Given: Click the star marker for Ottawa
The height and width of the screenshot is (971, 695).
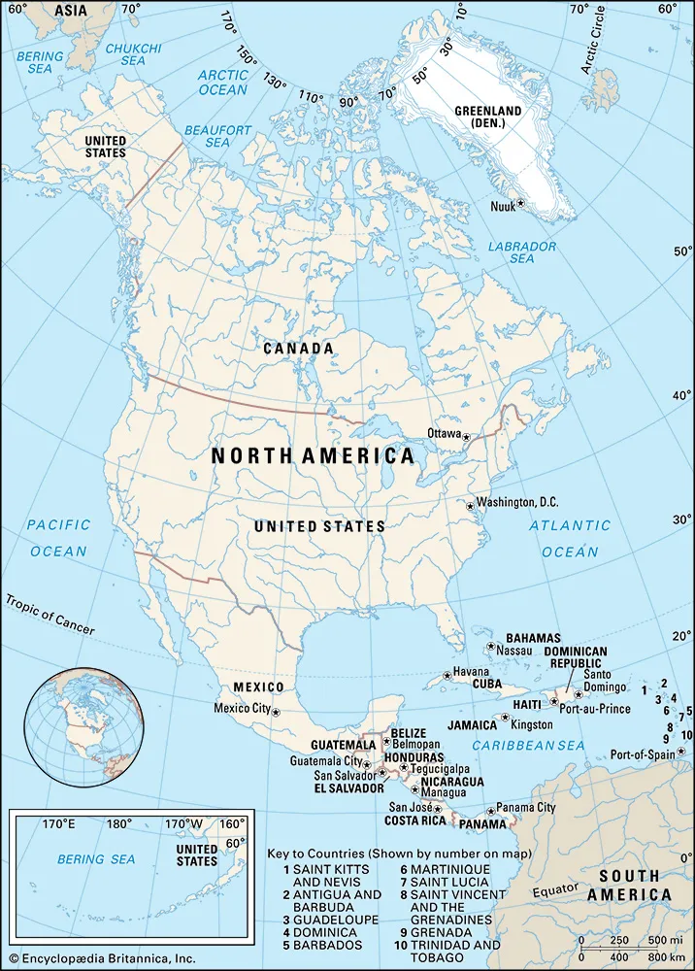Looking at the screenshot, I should coord(466,438).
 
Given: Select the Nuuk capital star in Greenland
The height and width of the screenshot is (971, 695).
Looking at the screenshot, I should coord(521,203).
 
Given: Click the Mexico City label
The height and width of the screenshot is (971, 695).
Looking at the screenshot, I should coord(242,708).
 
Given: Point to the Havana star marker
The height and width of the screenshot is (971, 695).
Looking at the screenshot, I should coord(447,675).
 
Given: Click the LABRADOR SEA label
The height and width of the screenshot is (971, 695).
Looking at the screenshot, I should coord(522,252).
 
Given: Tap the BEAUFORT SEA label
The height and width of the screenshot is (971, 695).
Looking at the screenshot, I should coord(217,136).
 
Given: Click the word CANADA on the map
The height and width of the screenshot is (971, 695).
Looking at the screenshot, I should coord(299,348).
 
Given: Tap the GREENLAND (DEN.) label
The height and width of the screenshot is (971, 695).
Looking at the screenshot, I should coord(487,117).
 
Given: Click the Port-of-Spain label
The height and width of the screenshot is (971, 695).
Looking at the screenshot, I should coord(643,754).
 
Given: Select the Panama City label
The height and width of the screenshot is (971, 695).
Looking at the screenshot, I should coord(525,807).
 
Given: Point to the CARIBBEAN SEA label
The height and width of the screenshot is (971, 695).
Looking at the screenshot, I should coord(528,745).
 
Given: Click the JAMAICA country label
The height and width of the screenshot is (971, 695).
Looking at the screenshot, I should coord(472,725).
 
